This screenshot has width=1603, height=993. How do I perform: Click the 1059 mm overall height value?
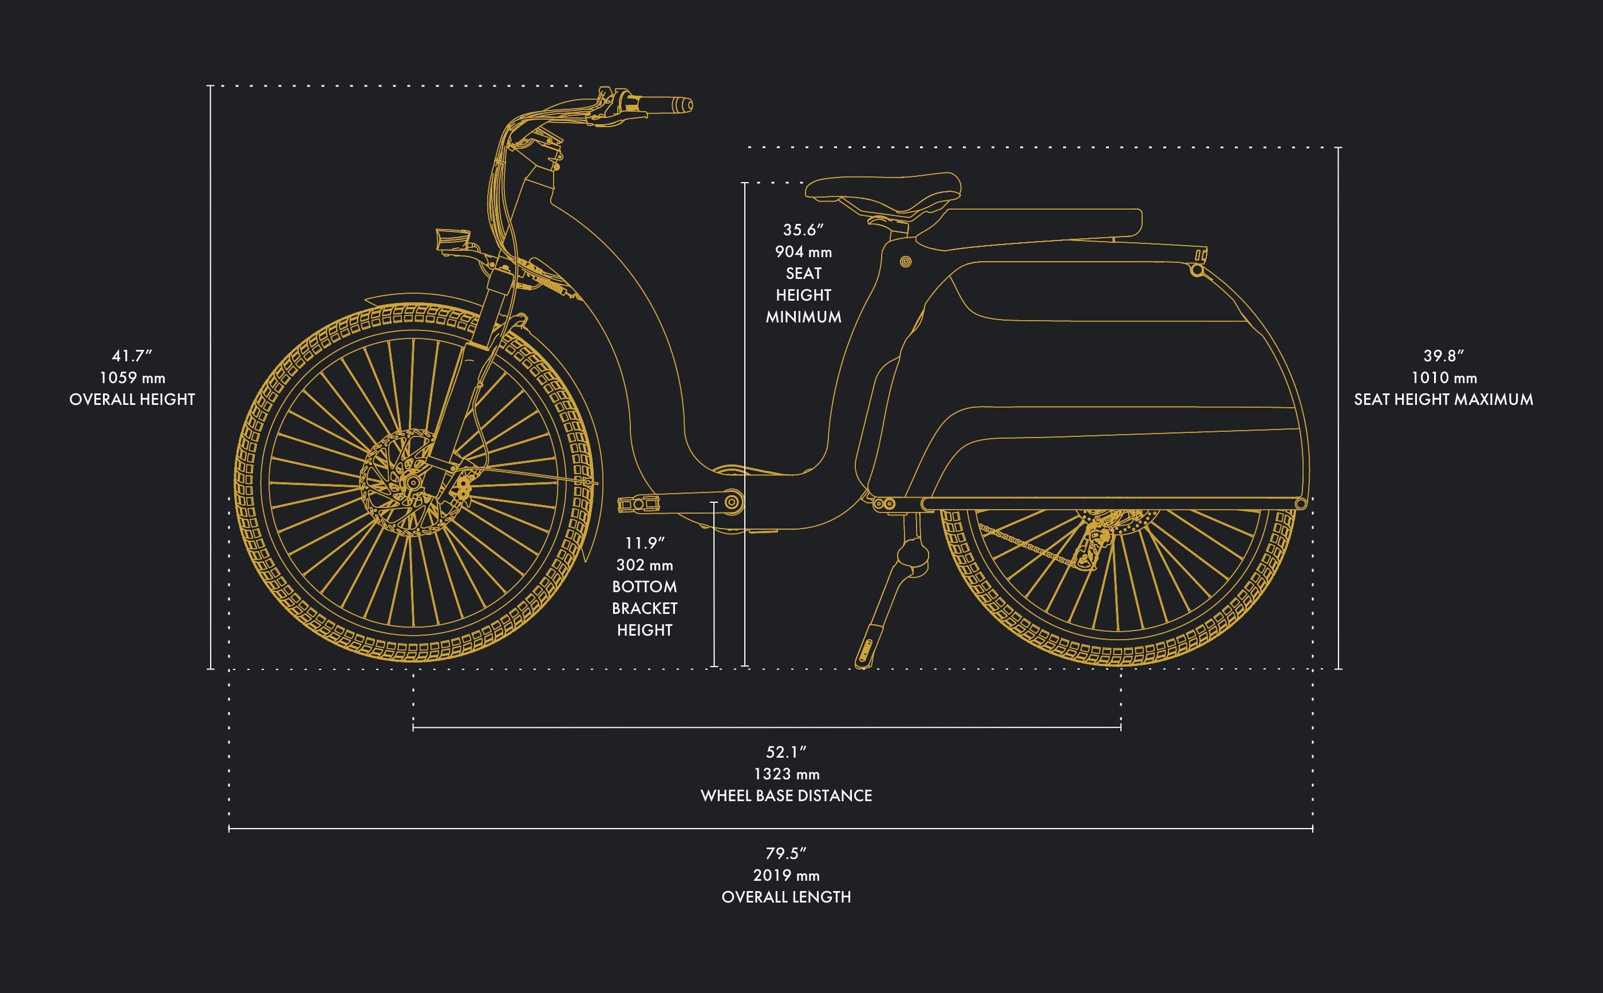click(132, 377)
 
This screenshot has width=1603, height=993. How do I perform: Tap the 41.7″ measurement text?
click(132, 356)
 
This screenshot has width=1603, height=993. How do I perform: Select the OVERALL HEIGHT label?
click(132, 399)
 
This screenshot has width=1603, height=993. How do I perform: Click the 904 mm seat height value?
click(803, 251)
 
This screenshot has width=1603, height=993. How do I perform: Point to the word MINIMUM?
click(803, 317)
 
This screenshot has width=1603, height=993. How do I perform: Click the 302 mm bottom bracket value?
click(644, 565)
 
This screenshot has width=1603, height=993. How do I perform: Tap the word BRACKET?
click(644, 608)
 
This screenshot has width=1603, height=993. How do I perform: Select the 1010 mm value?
click(1443, 377)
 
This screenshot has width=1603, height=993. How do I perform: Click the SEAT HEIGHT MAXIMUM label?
click(1443, 399)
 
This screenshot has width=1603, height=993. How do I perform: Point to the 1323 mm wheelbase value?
click(785, 774)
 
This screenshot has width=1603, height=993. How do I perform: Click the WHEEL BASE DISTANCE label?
click(785, 795)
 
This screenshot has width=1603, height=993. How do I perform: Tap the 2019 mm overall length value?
click(785, 876)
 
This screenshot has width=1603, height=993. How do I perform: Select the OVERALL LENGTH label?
click(785, 897)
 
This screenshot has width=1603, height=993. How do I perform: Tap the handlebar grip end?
click(685, 105)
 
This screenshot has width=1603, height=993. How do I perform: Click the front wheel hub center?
click(413, 483)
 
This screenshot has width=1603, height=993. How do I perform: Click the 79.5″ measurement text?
click(785, 854)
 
